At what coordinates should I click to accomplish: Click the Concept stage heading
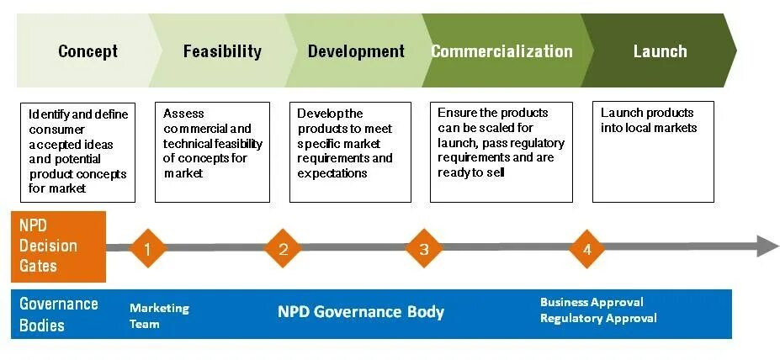coord(88,51)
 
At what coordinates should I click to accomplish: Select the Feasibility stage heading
coord(222,51)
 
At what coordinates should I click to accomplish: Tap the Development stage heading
coord(356,51)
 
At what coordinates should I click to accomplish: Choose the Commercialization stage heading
coord(501,51)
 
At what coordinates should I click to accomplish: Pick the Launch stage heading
coord(660,51)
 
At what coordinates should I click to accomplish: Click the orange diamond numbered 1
coord(148,248)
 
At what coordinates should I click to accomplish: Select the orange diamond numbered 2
coord(284,248)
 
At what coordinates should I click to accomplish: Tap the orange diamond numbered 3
coord(424,248)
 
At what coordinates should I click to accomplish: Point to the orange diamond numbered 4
coord(587,248)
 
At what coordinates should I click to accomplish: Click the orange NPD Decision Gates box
coord(58,246)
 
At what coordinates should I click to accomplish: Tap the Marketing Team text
coord(159,315)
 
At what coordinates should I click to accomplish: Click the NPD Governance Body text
coord(361,312)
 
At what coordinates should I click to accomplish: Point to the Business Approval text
coord(592,302)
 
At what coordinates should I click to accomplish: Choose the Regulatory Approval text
coord(598,318)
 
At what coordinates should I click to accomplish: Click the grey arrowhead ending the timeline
coord(767,246)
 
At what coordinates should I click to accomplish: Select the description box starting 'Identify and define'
coord(77,152)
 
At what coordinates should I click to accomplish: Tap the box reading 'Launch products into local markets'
coord(653,152)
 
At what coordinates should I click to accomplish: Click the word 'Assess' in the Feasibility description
coord(183,114)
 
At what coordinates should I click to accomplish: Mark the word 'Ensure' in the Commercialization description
coord(457,113)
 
